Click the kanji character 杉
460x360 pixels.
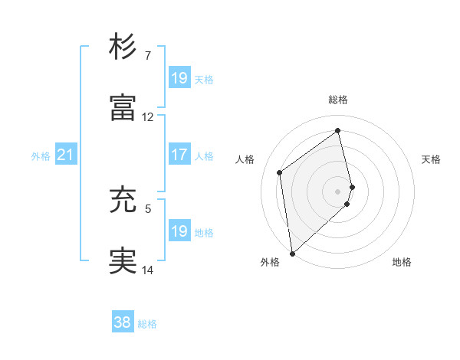coord(123,47)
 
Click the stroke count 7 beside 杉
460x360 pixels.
coord(148,56)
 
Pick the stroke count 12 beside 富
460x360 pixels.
coord(148,117)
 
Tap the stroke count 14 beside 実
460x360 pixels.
coord(148,270)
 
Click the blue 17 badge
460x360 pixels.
coord(179,155)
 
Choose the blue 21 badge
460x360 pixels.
coord(66,155)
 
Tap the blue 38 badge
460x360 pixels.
coord(123,322)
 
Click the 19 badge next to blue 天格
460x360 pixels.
coord(179,78)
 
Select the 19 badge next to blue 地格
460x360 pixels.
coord(179,231)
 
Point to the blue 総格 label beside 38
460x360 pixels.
coord(148,324)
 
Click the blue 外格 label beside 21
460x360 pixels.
coord(41,156)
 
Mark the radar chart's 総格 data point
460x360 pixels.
coord(338,130)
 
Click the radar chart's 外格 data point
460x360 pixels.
coord(292,253)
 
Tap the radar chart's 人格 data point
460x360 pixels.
coord(280,172)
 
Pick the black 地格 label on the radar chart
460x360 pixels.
coord(402,263)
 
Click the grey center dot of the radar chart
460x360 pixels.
coord(338,190)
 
